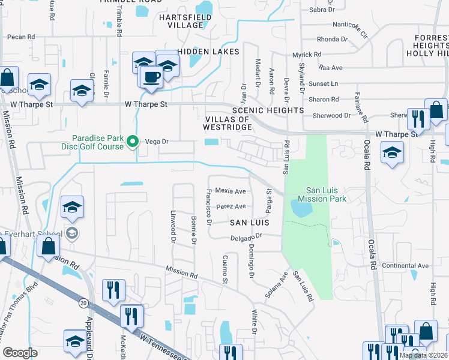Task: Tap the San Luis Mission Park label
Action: [322, 194]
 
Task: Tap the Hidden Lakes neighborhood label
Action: [208, 52]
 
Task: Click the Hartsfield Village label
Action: [181, 21]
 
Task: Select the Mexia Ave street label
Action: [231, 191]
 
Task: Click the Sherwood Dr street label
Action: [331, 115]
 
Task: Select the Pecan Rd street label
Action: [20, 37]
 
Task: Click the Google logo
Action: [20, 352]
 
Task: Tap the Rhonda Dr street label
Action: [328, 39]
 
